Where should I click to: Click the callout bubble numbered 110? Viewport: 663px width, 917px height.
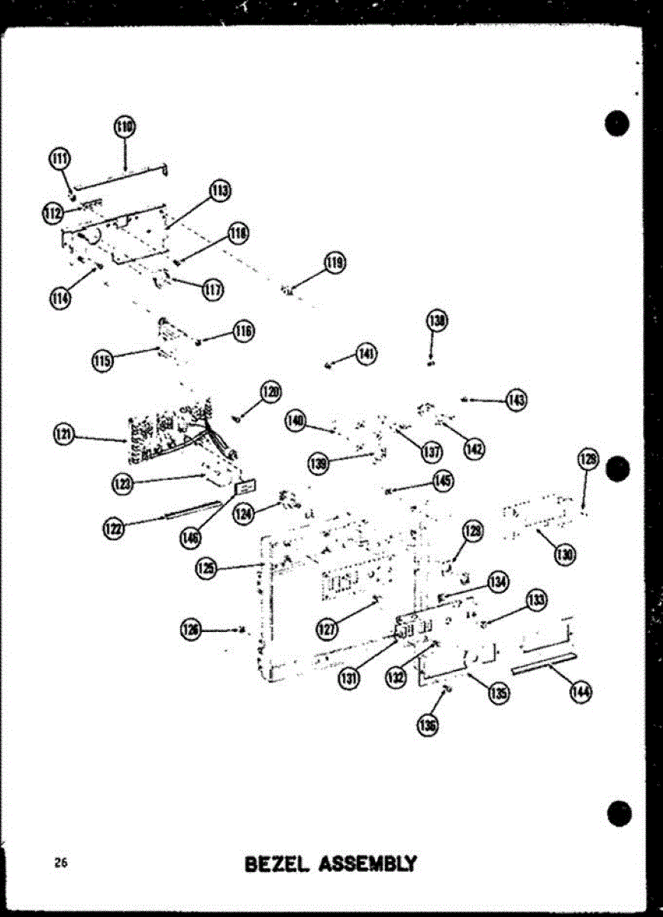click(x=125, y=127)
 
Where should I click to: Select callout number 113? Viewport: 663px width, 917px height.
click(x=221, y=191)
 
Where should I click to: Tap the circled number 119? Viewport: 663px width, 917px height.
click(x=334, y=264)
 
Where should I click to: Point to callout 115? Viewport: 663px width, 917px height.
click(x=102, y=360)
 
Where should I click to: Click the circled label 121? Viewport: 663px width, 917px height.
click(x=63, y=435)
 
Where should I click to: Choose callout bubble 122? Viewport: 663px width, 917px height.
click(x=114, y=527)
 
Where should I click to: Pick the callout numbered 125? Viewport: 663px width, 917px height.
click(x=205, y=568)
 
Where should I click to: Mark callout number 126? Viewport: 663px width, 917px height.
click(x=191, y=630)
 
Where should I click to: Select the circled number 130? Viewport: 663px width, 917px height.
click(x=564, y=554)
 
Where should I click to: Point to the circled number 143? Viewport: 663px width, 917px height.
click(x=517, y=400)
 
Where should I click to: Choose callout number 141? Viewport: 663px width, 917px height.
click(x=366, y=353)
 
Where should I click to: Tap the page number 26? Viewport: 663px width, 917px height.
click(x=60, y=864)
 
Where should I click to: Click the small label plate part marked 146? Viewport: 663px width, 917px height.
click(x=245, y=486)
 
